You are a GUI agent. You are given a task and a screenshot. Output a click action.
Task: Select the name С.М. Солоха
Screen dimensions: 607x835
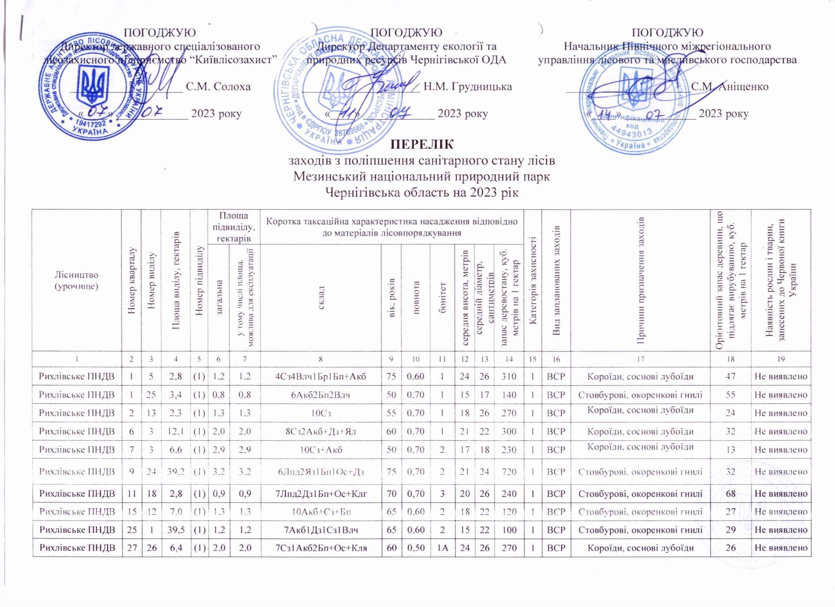[x=218, y=87]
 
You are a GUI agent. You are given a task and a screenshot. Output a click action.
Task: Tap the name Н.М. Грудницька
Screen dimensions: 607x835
[x=467, y=87]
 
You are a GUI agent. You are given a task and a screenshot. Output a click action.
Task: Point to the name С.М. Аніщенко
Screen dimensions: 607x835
[x=730, y=87]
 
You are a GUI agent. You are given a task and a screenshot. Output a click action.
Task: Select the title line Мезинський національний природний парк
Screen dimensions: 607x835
[x=422, y=177]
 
